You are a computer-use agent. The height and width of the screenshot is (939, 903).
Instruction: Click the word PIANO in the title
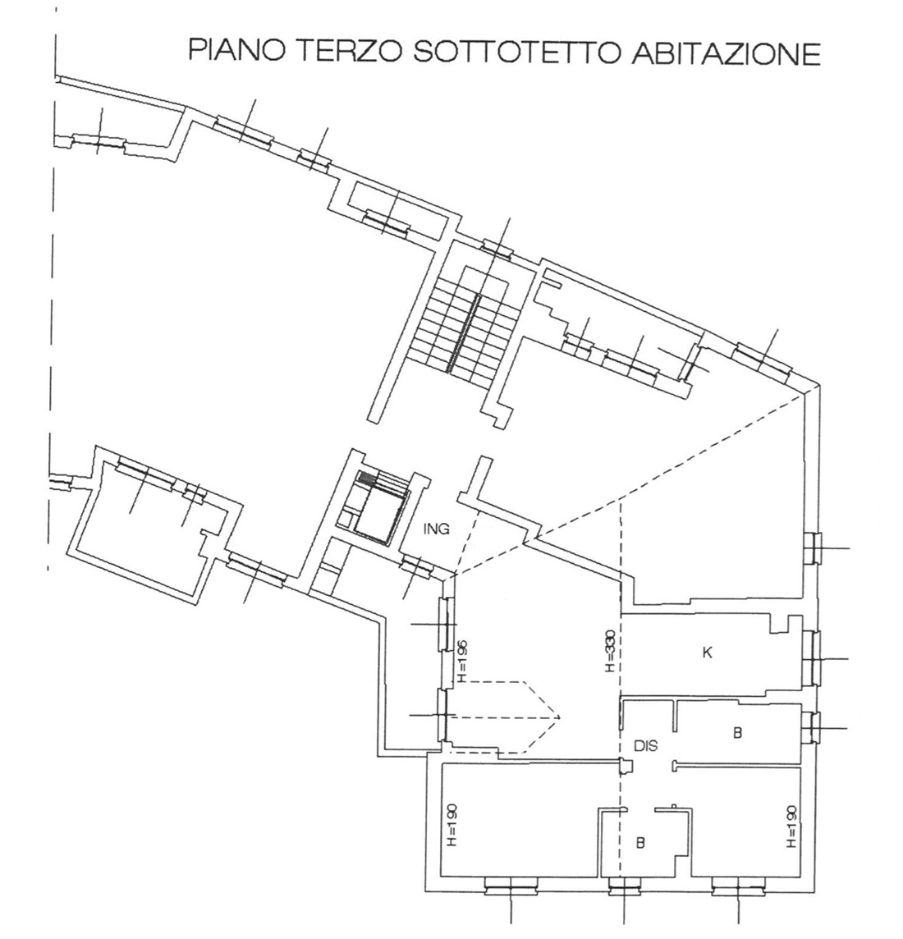coord(237,52)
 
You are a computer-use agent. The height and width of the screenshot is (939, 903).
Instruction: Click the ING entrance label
coord(436,529)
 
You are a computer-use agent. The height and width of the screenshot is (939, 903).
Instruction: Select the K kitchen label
coord(707,653)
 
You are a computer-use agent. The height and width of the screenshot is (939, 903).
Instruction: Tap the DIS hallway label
coord(645,746)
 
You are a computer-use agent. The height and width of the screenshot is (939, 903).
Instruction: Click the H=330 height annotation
coord(610,651)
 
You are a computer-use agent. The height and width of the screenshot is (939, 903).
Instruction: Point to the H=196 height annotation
coord(461,661)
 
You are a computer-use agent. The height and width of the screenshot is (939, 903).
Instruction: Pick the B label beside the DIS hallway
coord(737,732)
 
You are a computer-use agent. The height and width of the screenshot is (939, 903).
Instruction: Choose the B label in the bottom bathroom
coord(640,843)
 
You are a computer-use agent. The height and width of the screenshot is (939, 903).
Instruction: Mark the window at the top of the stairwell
coord(497,247)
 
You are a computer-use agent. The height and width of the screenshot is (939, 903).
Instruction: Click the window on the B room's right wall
coord(814,728)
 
